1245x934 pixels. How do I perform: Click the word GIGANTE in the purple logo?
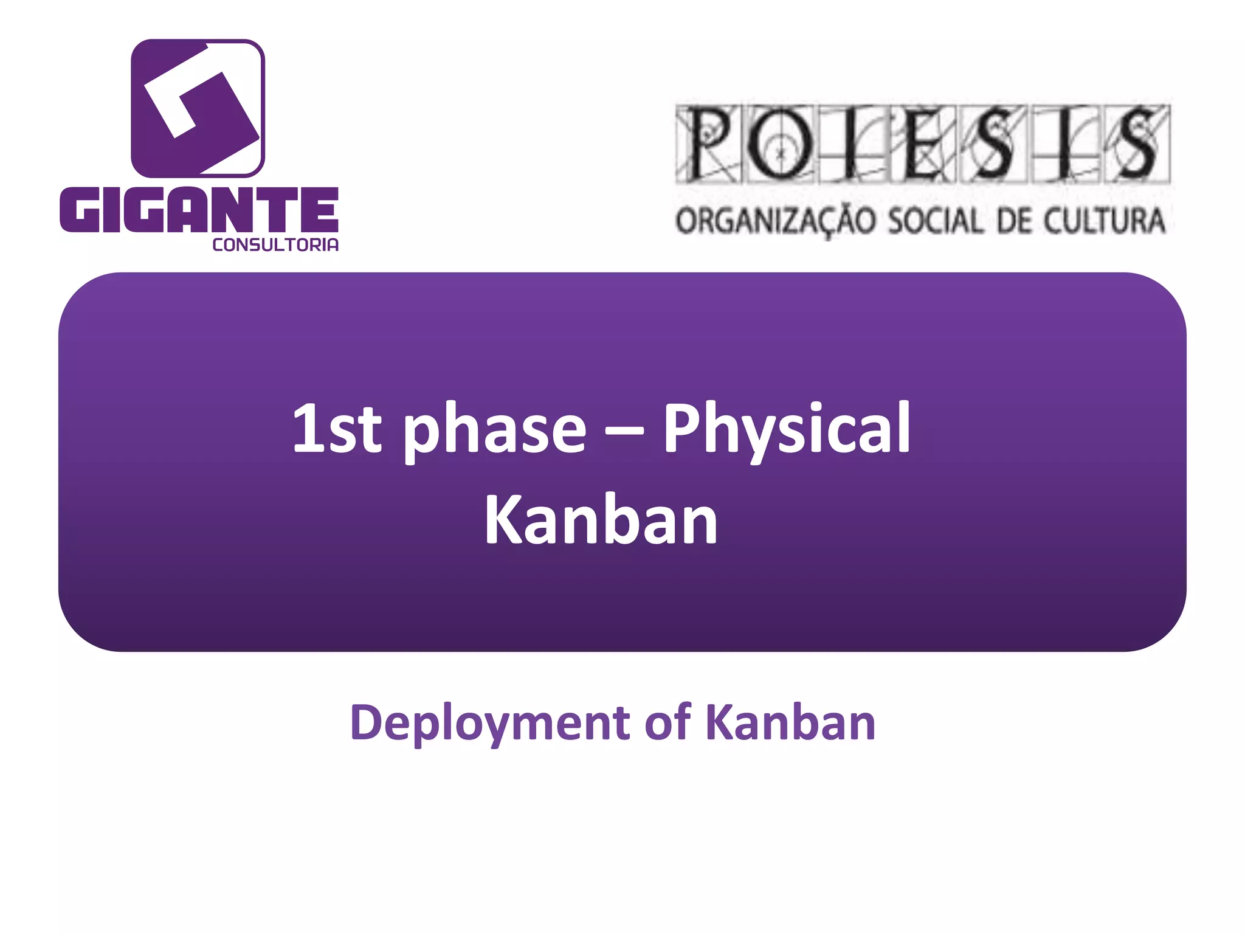[199, 210]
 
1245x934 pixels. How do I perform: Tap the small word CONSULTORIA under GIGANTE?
[275, 245]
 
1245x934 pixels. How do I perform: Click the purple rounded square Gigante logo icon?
[198, 108]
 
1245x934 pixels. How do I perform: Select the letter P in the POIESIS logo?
[708, 145]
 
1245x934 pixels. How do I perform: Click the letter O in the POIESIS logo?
[779, 145]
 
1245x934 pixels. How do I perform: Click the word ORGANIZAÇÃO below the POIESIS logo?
[775, 221]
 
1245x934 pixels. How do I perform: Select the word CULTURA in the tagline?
[1105, 221]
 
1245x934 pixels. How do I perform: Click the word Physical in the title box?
[786, 431]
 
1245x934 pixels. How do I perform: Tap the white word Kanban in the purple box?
[601, 520]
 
